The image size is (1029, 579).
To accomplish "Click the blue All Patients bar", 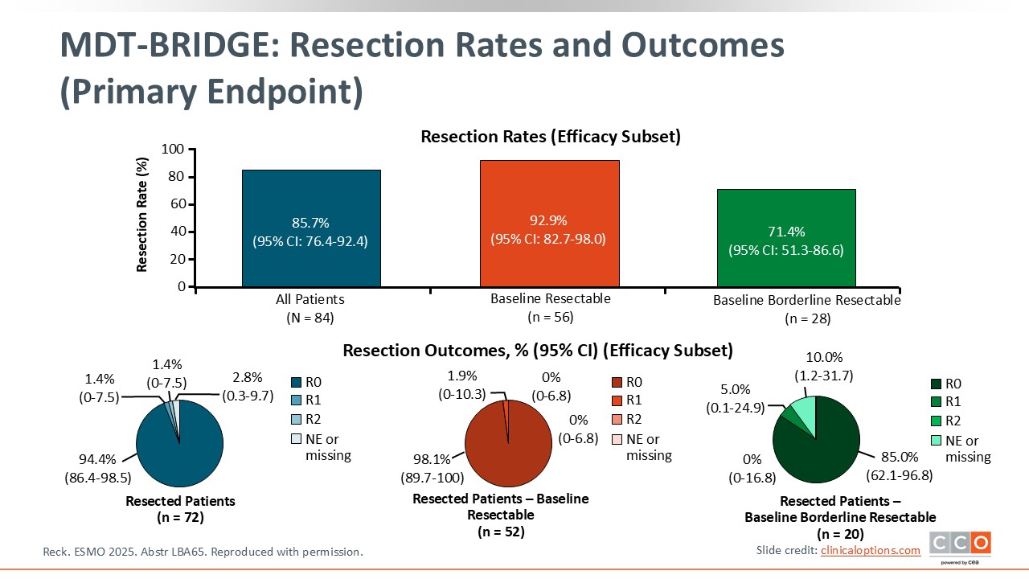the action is (311, 228).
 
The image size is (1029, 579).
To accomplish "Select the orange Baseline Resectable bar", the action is (549, 224).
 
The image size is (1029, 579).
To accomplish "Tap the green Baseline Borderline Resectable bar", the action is (786, 238).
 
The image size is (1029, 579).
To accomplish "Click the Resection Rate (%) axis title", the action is (142, 215).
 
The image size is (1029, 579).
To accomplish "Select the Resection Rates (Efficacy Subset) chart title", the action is (551, 137).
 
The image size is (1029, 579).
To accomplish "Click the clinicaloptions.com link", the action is (871, 550).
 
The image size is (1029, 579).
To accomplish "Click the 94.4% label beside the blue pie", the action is (97, 459).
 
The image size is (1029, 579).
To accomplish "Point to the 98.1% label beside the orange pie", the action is (432, 459).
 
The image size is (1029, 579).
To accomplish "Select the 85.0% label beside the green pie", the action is (900, 457).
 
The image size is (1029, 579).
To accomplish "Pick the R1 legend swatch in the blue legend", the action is (297, 400).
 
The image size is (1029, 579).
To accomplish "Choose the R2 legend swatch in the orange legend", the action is (617, 419).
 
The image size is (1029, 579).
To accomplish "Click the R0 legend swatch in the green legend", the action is (936, 384).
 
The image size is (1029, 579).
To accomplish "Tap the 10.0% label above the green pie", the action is (824, 357).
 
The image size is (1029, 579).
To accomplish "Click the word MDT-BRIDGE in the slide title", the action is (170, 45).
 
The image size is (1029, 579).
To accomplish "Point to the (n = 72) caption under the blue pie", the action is (181, 517).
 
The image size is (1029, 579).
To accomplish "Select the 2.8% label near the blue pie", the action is (247, 377).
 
